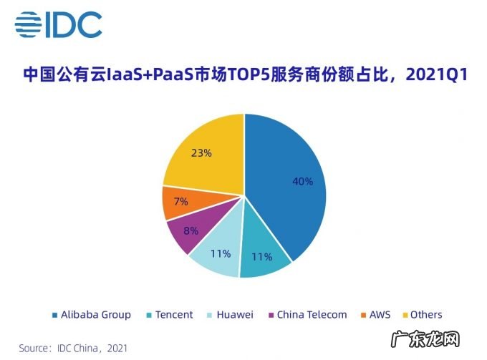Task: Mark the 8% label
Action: tap(190, 231)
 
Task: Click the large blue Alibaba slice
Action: tap(286, 172)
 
